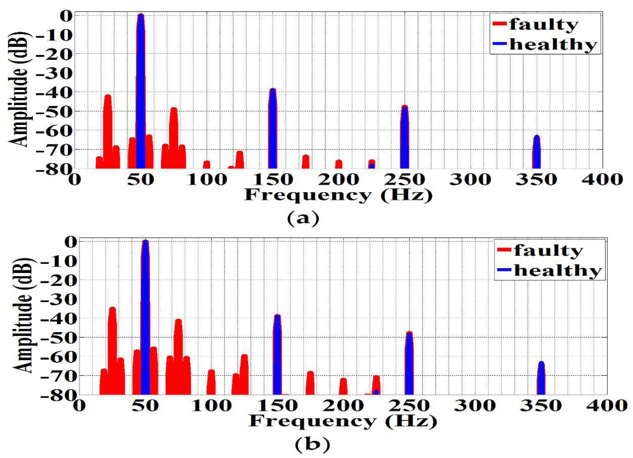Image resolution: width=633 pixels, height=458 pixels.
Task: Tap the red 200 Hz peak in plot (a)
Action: (x=338, y=164)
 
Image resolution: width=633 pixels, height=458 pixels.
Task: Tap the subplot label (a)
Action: (x=303, y=219)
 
